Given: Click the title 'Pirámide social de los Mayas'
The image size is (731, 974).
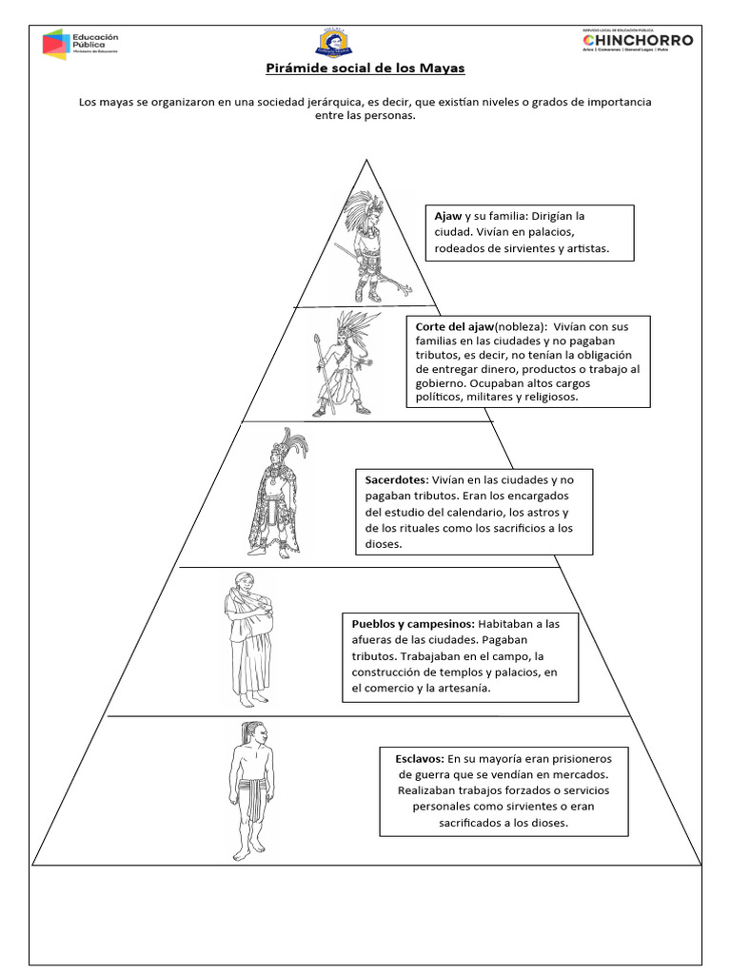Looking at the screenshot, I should point(365,69).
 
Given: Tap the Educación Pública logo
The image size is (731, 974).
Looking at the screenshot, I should point(80,44).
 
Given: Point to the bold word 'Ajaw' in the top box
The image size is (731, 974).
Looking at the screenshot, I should point(448,216).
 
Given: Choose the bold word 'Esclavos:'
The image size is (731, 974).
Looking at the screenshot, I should point(420,759).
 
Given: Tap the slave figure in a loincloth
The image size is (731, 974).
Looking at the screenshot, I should point(247,791).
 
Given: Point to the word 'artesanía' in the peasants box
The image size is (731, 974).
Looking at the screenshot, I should point(464,689).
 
